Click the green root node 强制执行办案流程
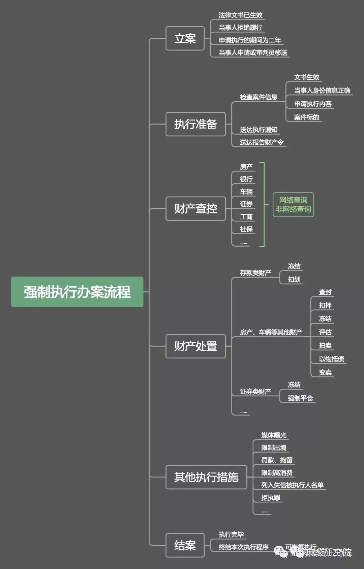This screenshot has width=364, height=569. (x=77, y=292)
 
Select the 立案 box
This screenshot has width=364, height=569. (x=185, y=38)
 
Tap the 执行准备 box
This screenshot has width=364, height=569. (x=195, y=124)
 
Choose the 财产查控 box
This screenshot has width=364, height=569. (x=195, y=209)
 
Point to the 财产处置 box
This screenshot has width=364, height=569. (x=195, y=346)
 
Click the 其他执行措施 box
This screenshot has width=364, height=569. (x=206, y=477)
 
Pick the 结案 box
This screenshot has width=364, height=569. (x=185, y=545)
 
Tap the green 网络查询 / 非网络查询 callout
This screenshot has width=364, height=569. (x=293, y=205)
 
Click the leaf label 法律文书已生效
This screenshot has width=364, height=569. (x=240, y=15)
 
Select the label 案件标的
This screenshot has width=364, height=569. (x=306, y=117)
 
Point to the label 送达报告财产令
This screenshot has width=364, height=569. (x=262, y=142)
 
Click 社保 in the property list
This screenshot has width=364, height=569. (x=246, y=229)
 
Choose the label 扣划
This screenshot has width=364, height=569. (x=294, y=279)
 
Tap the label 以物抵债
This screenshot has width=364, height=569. (x=331, y=359)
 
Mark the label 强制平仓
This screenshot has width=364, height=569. (x=300, y=398)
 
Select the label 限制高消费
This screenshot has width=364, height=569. (x=277, y=472)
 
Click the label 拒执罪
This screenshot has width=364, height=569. (x=271, y=498)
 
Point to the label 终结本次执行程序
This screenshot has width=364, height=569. (x=243, y=547)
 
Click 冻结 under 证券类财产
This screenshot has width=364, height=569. (x=294, y=385)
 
